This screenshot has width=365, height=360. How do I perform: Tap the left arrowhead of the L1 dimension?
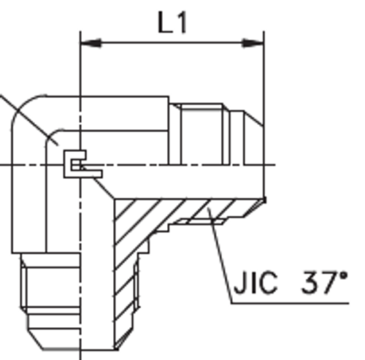tap(86, 43)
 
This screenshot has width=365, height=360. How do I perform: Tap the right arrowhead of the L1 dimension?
tap(258, 43)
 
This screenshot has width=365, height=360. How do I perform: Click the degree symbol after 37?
tap(343, 275)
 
